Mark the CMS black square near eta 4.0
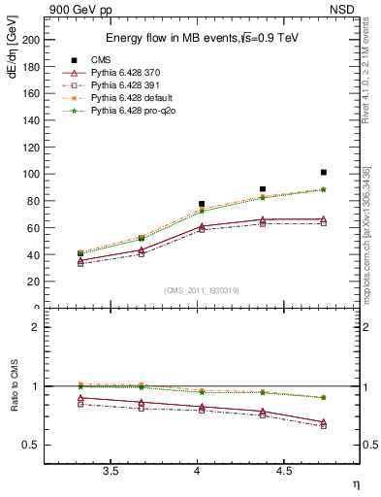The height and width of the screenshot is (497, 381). click(202, 204)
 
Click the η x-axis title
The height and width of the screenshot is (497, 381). click(355, 484)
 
